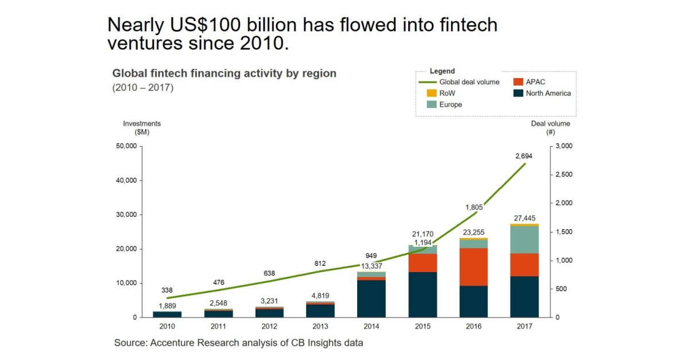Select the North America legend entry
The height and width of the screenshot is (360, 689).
539,93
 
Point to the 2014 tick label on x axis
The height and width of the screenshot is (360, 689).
371,326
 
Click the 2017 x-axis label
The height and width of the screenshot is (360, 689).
524,326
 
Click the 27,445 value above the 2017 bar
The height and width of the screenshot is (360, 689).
524,218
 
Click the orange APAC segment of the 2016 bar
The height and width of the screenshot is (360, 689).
473,266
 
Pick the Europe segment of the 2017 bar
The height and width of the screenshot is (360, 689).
524,240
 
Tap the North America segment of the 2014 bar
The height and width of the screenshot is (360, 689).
371,299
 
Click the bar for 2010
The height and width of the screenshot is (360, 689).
167,314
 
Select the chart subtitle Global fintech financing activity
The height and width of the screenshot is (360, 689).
224,73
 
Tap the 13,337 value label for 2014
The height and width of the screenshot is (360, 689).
371,265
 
